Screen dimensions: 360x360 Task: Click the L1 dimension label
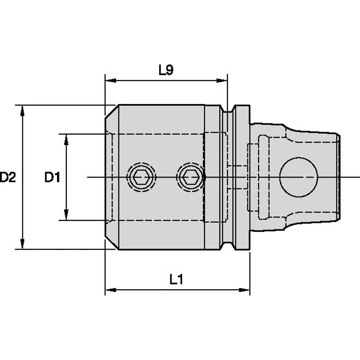(x=177, y=279)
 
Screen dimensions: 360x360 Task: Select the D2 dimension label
(x=7, y=177)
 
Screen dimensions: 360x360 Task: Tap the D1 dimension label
(x=53, y=177)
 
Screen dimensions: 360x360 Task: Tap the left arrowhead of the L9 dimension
(x=110, y=80)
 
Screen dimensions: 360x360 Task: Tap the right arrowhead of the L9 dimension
(x=222, y=80)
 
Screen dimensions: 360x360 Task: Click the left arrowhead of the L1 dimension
(x=110, y=290)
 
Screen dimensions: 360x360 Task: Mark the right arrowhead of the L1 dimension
(x=245, y=290)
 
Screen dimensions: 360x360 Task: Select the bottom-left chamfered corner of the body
(x=111, y=242)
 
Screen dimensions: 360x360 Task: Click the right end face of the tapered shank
(x=339, y=177)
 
